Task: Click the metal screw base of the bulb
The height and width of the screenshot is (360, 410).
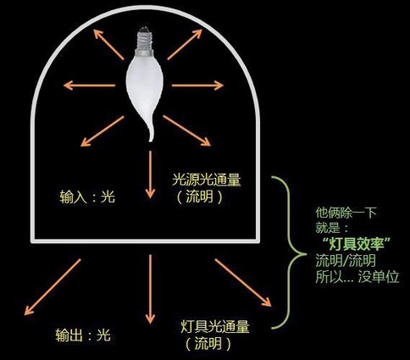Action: (x=144, y=42)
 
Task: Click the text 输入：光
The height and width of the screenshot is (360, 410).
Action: (x=87, y=197)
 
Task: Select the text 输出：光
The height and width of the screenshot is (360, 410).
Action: (x=83, y=335)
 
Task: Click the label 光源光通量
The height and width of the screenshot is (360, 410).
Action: (x=207, y=180)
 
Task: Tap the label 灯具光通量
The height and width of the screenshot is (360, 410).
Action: (x=215, y=326)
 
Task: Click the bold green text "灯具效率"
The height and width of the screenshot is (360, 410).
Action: (x=357, y=244)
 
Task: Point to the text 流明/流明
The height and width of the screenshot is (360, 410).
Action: (x=346, y=260)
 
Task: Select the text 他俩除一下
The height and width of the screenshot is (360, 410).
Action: (x=346, y=213)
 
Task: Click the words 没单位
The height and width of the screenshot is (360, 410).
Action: (x=379, y=277)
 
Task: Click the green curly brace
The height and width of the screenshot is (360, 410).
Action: (x=290, y=252)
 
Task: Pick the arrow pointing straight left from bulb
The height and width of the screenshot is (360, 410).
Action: (x=90, y=85)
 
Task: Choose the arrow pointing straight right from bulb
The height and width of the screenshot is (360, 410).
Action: (x=197, y=85)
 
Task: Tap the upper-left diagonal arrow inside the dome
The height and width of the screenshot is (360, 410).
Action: (x=108, y=45)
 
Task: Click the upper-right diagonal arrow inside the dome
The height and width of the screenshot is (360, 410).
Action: (x=185, y=44)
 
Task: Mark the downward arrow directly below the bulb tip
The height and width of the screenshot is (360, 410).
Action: (x=150, y=174)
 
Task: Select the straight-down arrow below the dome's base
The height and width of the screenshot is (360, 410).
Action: (x=150, y=289)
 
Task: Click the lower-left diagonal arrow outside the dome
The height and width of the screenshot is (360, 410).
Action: (x=53, y=286)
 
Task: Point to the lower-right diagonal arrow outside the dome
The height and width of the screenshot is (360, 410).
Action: (x=243, y=282)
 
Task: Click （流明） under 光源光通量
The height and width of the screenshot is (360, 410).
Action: (x=200, y=197)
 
